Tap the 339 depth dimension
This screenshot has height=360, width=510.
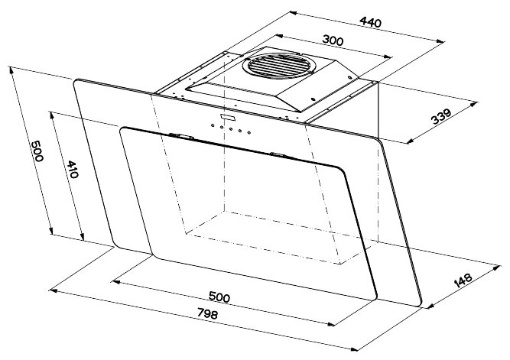(x=440, y=116)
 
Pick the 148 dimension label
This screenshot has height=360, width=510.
(x=463, y=280)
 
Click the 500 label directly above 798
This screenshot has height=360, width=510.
(x=219, y=297)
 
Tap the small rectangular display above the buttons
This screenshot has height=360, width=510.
(x=227, y=117)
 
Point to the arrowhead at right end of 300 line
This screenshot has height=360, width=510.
(x=391, y=56)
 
